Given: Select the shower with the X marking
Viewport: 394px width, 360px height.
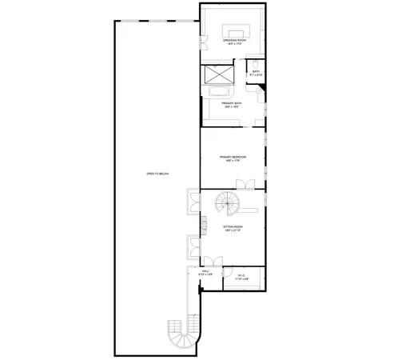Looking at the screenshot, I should click(x=217, y=76).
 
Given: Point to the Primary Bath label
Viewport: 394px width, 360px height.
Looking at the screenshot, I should click(x=232, y=102).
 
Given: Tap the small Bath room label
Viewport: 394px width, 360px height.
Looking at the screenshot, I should click(x=257, y=71).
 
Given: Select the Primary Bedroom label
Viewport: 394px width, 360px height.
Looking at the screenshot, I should click(x=233, y=156).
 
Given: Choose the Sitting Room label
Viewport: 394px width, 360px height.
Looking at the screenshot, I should click(x=233, y=227).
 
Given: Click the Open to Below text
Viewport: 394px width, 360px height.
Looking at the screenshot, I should click(x=157, y=174).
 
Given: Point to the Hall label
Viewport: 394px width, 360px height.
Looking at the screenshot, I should click(x=205, y=272).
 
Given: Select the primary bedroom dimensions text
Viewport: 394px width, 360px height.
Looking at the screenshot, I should click(x=233, y=160).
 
